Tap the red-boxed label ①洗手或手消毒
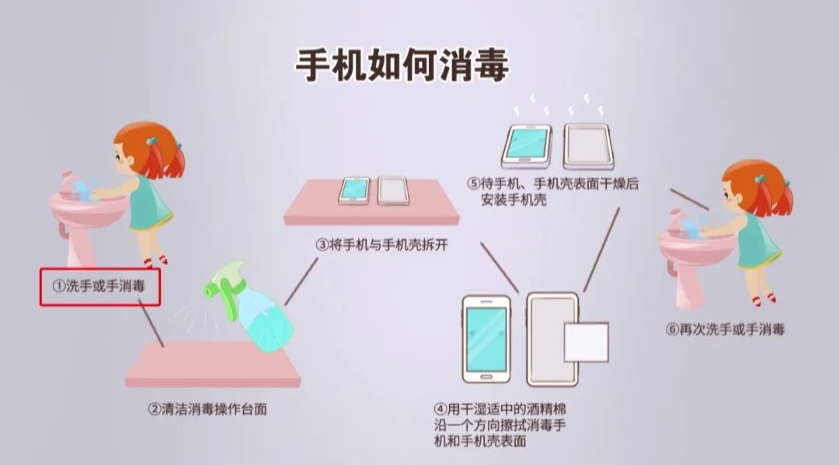99,286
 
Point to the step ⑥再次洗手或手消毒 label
725,329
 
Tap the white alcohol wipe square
586,342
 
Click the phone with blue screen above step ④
486,339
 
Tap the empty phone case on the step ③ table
393,191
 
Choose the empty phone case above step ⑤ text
588,146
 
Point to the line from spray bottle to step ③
301,281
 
